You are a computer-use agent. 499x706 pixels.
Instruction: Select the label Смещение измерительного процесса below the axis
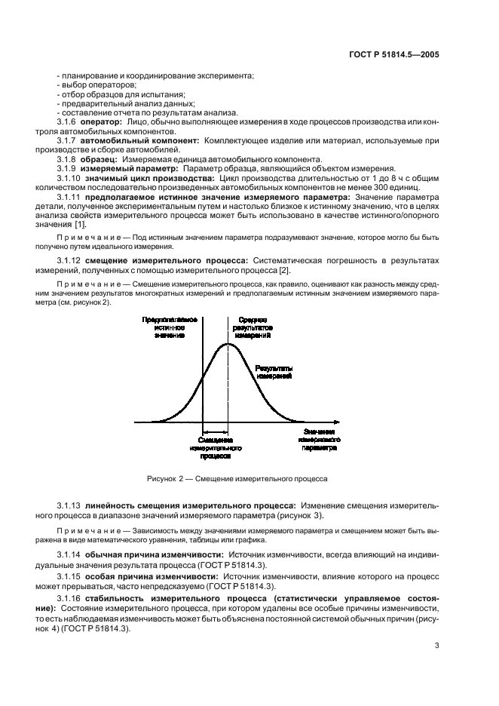tap(215, 448)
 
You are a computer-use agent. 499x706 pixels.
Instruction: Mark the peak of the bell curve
tap(227, 343)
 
